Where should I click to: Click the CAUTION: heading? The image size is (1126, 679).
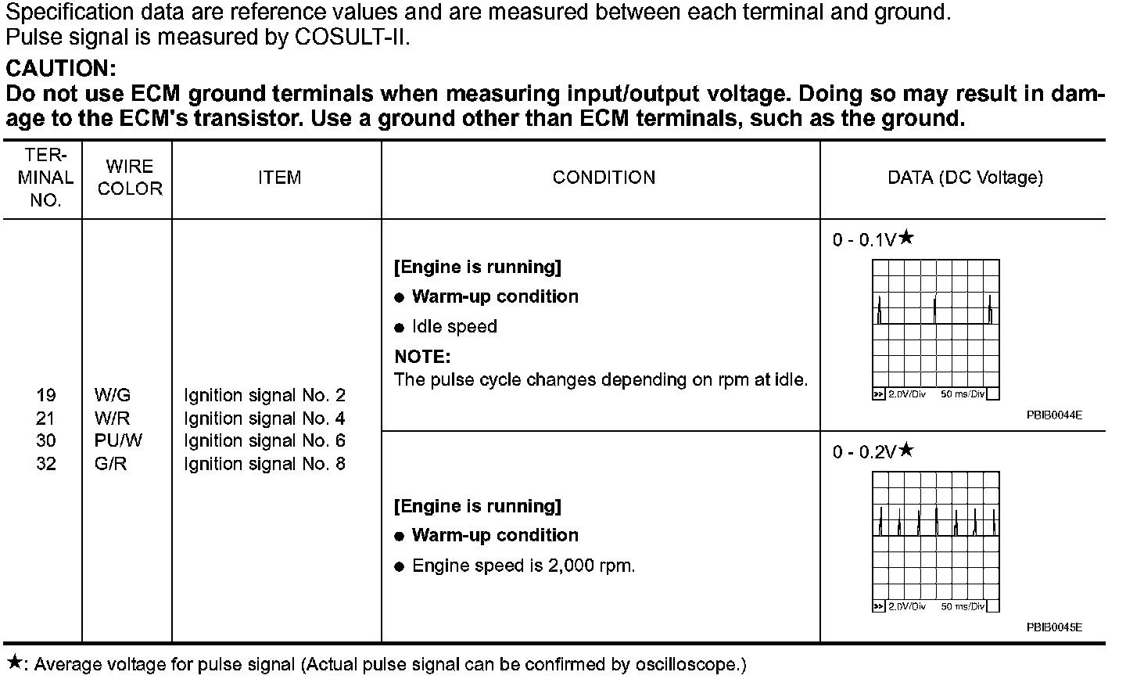click(61, 69)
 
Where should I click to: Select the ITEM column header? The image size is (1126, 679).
click(279, 178)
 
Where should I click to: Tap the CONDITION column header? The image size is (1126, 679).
click(604, 178)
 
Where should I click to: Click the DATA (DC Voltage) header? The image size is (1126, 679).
click(965, 178)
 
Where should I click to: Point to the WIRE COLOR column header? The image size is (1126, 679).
click(130, 178)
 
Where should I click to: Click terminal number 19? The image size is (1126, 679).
click(46, 396)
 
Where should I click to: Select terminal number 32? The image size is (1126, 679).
click(46, 464)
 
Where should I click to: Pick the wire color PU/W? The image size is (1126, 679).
click(118, 441)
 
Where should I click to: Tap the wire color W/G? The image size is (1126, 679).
click(113, 396)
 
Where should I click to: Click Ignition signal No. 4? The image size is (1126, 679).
click(264, 419)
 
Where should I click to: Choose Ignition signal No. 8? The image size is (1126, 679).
click(264, 464)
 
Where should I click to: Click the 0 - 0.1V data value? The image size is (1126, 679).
click(864, 240)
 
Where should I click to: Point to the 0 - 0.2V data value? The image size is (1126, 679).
click(864, 452)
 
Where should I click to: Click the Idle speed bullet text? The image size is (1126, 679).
click(454, 326)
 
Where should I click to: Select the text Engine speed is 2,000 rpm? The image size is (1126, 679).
click(523, 566)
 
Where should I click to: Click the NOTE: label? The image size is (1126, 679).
click(422, 357)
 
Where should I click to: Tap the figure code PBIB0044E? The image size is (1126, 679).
click(1054, 415)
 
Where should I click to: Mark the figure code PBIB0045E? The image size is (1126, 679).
click(1054, 627)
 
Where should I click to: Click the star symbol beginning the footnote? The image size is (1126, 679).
click(13, 663)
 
